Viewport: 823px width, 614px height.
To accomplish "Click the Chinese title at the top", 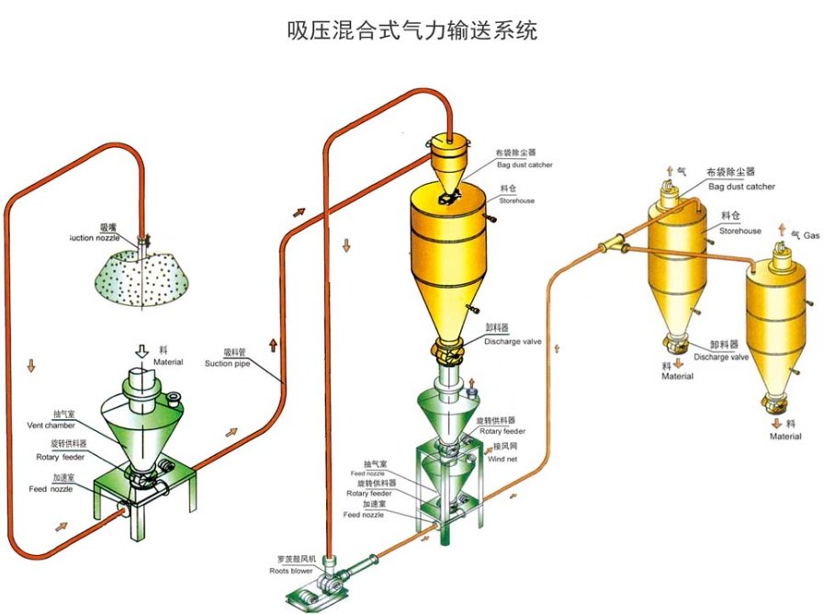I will point(412,29).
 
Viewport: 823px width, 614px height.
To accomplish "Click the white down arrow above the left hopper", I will point(141,351).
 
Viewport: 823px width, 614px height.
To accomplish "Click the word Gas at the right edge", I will point(812,236).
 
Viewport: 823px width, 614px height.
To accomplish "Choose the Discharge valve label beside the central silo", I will point(513,341).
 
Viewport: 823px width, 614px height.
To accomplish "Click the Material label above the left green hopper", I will point(168,361).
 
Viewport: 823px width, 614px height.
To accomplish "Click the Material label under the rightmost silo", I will point(785,437).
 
